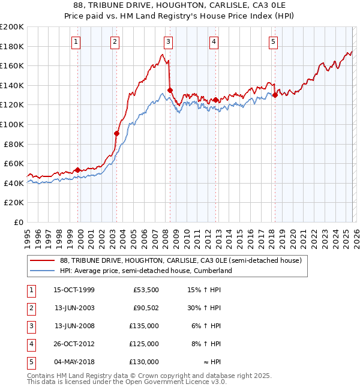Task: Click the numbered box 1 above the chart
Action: [x=77, y=41]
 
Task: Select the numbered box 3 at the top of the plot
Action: [x=168, y=41]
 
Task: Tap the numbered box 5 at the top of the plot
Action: [x=273, y=41]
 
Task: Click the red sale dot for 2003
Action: [x=116, y=133]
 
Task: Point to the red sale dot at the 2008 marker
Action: [x=170, y=90]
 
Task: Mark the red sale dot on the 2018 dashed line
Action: [x=275, y=95]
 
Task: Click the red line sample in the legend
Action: [x=43, y=260]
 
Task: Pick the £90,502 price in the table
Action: [x=144, y=308]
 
